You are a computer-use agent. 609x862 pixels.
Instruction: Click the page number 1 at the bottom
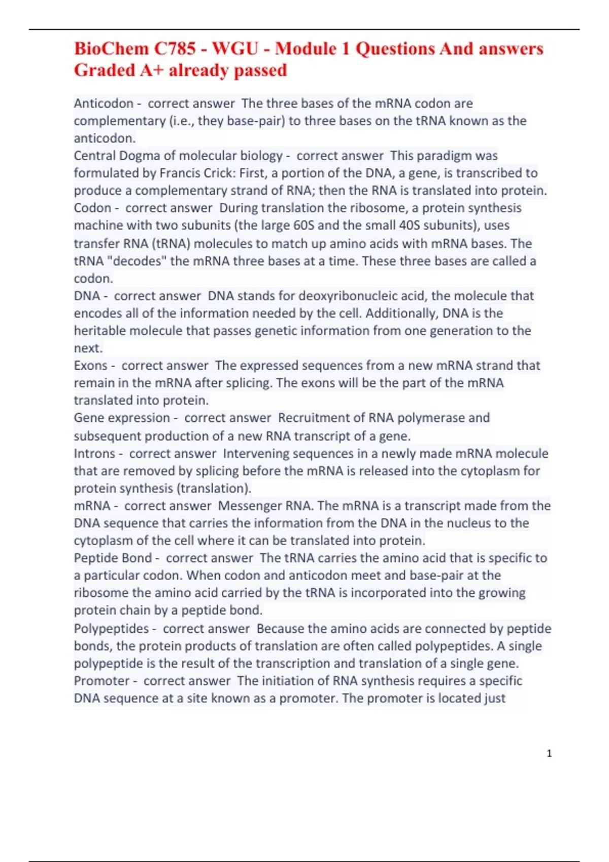tap(549, 753)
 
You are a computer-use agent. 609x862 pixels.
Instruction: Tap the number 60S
tap(303, 225)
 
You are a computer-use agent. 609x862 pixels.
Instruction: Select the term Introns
tap(94, 453)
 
